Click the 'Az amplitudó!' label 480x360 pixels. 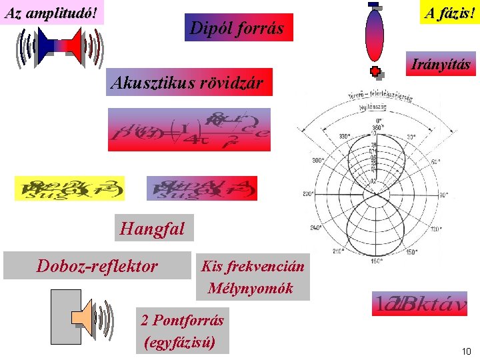click(x=53, y=12)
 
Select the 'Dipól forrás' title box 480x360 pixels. click(x=238, y=28)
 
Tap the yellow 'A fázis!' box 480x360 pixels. click(x=448, y=12)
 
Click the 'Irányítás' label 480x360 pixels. click(x=441, y=65)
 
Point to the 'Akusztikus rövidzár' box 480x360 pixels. click(x=189, y=83)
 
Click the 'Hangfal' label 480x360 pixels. click(x=153, y=229)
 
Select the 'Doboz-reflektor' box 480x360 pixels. click(x=97, y=266)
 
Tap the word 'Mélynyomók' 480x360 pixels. click(x=250, y=288)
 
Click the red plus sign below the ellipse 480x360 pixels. click(x=375, y=71)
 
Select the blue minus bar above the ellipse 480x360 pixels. click(x=373, y=5)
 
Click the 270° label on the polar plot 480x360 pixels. click(x=309, y=194)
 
